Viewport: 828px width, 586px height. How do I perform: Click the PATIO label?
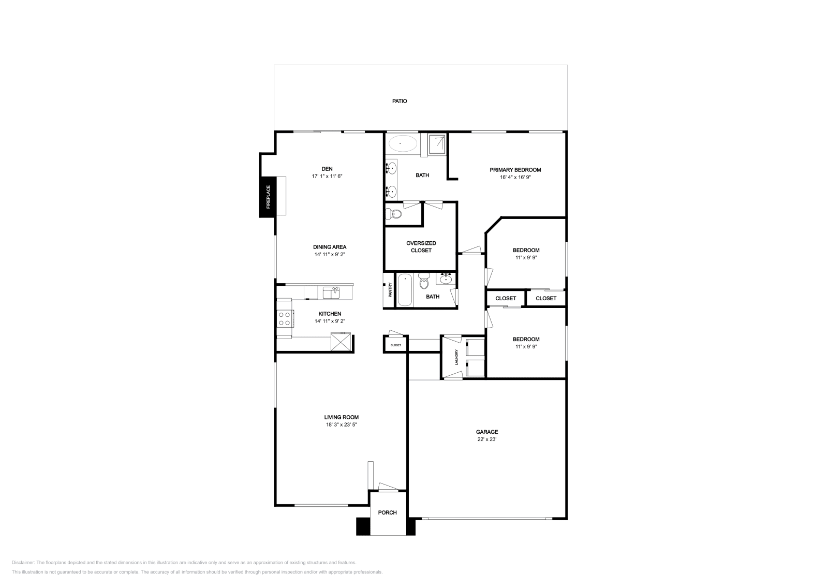tap(399, 101)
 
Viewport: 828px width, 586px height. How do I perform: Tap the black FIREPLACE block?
tap(268, 197)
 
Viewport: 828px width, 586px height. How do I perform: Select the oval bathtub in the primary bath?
tap(402, 143)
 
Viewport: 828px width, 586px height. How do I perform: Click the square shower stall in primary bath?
tap(437, 144)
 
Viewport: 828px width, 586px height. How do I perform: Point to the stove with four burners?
tap(284, 318)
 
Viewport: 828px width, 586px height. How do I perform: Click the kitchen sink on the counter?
tap(331, 293)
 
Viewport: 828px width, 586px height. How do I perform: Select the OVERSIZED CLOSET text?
tap(421, 246)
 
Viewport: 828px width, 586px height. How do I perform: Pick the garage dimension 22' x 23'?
tap(486, 439)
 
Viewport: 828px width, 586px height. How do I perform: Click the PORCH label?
tap(387, 512)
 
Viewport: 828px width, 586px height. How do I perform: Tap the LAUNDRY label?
tap(456, 357)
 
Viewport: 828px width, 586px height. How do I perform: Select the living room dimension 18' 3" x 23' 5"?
tap(341, 424)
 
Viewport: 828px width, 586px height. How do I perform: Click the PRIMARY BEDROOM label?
tap(515, 170)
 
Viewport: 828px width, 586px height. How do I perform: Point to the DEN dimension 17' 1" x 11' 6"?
tap(327, 176)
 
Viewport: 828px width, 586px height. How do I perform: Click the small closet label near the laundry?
tap(395, 345)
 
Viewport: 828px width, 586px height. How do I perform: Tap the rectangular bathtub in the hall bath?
tap(404, 290)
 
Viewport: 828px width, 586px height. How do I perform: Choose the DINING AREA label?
tap(329, 247)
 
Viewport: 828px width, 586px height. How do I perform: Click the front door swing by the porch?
tap(388, 487)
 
